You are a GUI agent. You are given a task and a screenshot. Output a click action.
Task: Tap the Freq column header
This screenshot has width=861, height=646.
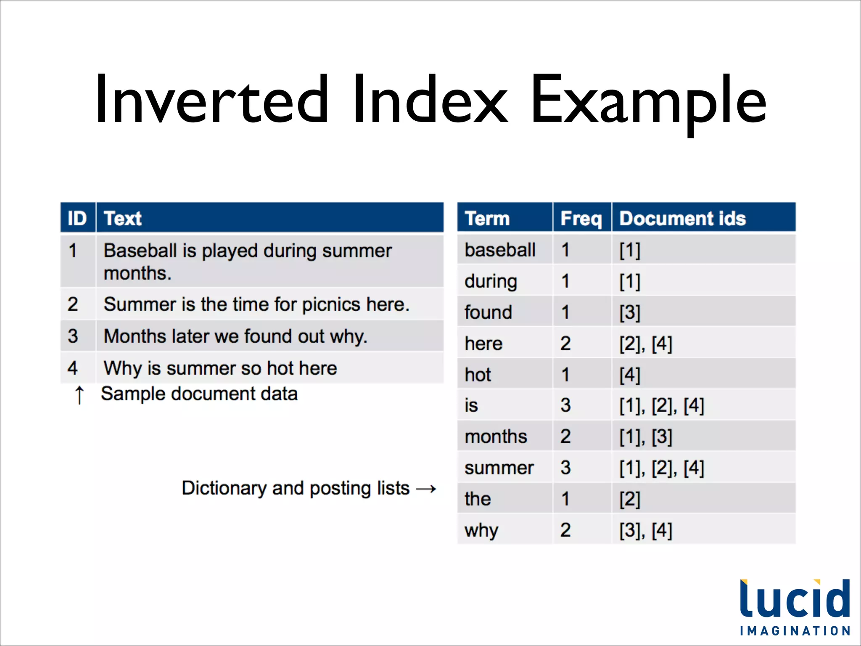point(581,218)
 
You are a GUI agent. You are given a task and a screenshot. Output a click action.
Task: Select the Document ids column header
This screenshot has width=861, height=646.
point(682,218)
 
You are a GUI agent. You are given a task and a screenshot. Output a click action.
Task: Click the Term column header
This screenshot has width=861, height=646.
point(487,218)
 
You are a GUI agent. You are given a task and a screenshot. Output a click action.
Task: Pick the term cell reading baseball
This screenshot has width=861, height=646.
point(500,250)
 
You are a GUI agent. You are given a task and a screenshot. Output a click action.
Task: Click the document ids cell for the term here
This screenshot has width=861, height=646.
point(646,344)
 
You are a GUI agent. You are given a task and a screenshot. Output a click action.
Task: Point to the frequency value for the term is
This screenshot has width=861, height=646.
point(565,405)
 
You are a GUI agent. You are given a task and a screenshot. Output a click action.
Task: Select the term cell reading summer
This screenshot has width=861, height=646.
point(499,468)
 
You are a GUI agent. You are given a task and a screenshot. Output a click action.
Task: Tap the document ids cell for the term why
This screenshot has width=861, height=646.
point(646,530)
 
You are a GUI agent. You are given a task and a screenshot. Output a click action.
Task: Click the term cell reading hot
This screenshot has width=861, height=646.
point(478,374)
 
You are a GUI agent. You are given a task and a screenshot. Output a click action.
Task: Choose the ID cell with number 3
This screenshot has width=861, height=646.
point(73,336)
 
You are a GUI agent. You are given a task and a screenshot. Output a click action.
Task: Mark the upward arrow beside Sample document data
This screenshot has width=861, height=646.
point(79,395)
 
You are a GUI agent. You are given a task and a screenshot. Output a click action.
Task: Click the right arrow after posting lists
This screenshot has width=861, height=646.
point(426,489)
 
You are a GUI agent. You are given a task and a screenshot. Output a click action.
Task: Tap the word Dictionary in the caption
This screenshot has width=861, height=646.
point(224,488)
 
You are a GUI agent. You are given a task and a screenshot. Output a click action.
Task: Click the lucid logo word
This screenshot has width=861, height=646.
point(795,599)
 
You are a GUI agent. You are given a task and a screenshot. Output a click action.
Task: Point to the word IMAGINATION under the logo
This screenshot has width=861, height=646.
point(795,631)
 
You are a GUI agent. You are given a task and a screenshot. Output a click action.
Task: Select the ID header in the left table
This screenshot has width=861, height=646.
point(77,218)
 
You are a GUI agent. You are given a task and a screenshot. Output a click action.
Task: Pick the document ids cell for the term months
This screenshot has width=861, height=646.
point(646,437)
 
